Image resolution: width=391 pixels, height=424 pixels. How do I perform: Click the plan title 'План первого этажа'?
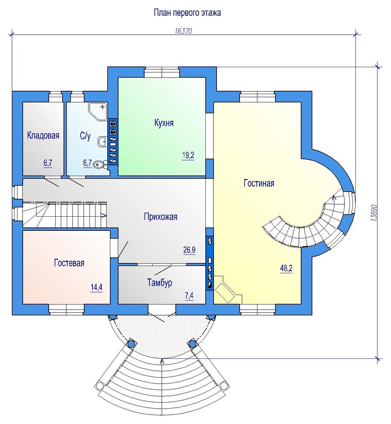[x=187, y=13]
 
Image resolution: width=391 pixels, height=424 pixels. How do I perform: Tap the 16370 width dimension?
[x=183, y=31]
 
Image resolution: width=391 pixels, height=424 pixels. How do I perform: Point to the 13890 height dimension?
[x=374, y=213]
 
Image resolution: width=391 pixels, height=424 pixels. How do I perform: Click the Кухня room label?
[x=164, y=123]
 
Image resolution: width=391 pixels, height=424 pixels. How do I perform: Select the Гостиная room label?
[x=259, y=183]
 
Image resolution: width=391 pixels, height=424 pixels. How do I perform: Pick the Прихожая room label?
[x=161, y=217]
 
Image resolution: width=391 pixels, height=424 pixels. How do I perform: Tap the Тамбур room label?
[x=160, y=283]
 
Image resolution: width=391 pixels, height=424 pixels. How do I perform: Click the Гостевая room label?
[x=69, y=263]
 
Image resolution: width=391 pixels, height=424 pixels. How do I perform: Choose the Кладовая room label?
[x=43, y=135]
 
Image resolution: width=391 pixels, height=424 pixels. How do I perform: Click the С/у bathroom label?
[x=85, y=136]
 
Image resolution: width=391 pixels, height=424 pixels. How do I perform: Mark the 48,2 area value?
[x=286, y=269]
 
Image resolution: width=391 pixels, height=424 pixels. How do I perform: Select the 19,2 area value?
[x=188, y=156]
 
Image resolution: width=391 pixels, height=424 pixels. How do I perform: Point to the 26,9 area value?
[x=189, y=250]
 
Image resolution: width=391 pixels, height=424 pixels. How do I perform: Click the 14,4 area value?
[x=96, y=287]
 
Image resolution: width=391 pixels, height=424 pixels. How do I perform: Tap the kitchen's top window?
[x=162, y=72]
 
